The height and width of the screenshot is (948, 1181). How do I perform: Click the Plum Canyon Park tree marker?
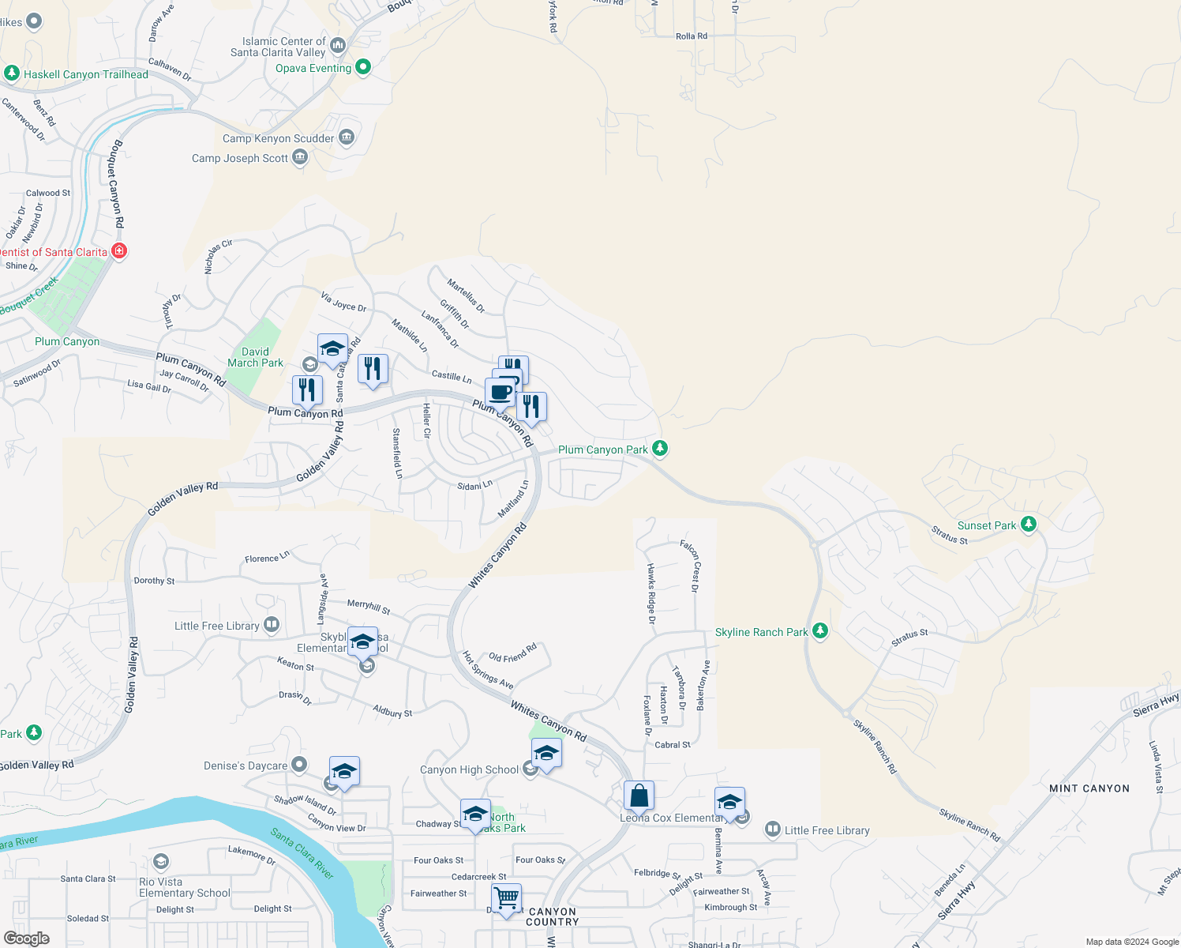[660, 449]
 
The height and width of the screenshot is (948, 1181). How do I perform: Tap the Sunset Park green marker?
[1028, 524]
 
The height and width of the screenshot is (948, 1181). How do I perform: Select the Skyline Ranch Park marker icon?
[820, 630]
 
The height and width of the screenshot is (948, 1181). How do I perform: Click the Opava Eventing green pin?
[363, 67]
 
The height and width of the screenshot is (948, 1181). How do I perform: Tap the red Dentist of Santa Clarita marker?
[119, 251]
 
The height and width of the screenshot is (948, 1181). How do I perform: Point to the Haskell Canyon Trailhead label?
[85, 74]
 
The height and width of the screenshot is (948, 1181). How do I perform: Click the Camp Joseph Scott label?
[240, 158]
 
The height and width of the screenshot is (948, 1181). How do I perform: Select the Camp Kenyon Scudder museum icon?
[347, 137]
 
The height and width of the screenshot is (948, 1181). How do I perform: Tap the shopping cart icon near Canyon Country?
[506, 897]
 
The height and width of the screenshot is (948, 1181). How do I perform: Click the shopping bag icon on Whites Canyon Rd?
[639, 796]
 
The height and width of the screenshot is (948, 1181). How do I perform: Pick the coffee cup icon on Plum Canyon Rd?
[500, 392]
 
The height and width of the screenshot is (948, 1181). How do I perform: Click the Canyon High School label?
[469, 769]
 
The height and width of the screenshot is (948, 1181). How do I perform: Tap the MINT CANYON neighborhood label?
[1089, 788]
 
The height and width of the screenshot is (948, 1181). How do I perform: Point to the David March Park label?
[255, 357]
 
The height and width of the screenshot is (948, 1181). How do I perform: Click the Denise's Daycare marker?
[299, 764]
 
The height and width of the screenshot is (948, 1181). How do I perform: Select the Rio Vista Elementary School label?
[184, 887]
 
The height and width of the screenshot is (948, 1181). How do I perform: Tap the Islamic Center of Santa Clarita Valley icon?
[339, 45]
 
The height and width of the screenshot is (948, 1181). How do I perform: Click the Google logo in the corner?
[26, 938]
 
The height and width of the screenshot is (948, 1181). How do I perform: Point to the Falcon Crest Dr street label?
[690, 565]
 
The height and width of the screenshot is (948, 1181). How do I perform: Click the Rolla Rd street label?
[691, 36]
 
